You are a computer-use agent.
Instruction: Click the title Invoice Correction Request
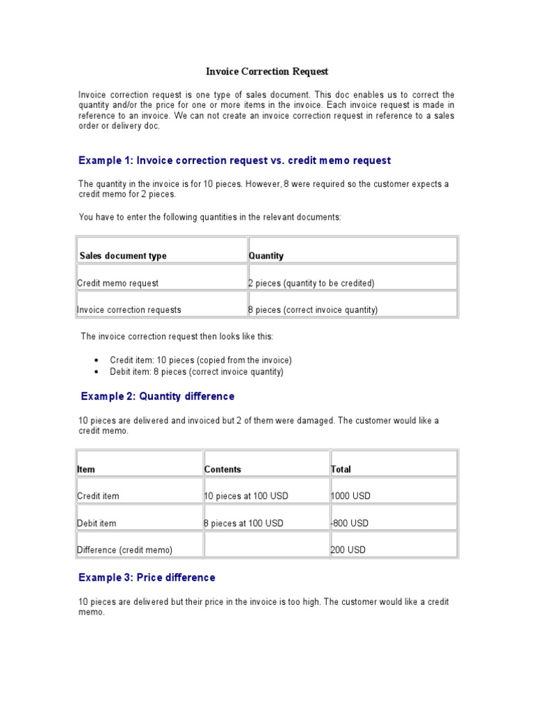click(267, 72)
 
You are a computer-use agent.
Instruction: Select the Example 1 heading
click(234, 161)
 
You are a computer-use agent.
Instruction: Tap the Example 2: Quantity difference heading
click(158, 396)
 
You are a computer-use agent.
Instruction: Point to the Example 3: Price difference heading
click(147, 578)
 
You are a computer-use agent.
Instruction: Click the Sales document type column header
click(123, 256)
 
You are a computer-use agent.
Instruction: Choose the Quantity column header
click(266, 256)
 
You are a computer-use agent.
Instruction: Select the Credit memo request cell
click(118, 283)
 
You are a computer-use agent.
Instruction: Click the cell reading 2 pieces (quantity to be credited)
click(311, 283)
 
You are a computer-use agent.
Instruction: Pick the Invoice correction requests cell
click(129, 310)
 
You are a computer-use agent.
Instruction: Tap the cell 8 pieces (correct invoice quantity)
click(313, 310)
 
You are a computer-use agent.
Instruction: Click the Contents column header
click(222, 469)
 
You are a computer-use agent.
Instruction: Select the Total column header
click(341, 469)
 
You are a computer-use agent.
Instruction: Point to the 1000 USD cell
click(351, 496)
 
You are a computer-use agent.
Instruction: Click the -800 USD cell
click(350, 523)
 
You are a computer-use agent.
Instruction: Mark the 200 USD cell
click(348, 550)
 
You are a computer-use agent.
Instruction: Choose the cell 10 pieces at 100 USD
click(246, 496)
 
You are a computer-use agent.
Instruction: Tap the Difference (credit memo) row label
click(124, 550)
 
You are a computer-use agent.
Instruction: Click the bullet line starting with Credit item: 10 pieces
click(200, 360)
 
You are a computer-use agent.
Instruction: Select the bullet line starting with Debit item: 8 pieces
click(196, 372)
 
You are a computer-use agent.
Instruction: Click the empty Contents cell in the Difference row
click(266, 545)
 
